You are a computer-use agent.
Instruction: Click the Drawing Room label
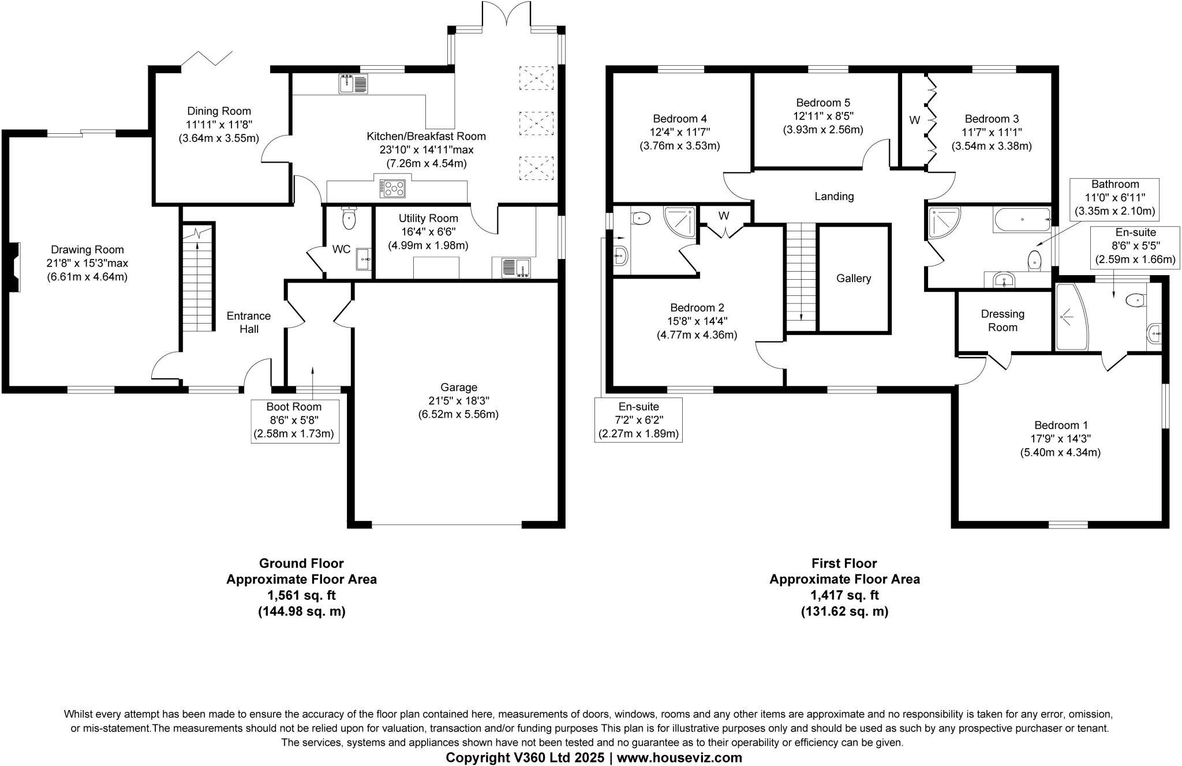[x=87, y=250]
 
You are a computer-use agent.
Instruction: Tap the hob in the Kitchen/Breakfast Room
[x=392, y=189]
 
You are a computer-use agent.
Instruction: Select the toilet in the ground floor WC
[x=349, y=218]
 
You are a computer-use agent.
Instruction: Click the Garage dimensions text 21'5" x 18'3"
[x=458, y=401]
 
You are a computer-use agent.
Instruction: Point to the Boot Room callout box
[x=294, y=420]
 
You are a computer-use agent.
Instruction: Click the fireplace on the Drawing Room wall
[x=14, y=267]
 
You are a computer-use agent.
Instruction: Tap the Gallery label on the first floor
[x=853, y=279]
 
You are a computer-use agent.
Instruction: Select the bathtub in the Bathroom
[x=1022, y=220]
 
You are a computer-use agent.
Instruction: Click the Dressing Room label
[x=1003, y=321]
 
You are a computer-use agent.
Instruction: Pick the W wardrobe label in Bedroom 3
[x=914, y=121]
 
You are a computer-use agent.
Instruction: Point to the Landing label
[x=833, y=197]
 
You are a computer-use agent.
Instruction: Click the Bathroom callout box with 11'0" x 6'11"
[x=1114, y=198]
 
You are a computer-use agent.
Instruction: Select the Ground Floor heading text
[x=301, y=563]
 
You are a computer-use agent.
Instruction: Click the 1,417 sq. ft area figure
[x=844, y=595]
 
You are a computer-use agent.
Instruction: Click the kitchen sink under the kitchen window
[x=353, y=85]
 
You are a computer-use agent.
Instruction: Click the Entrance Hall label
[x=249, y=322]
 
